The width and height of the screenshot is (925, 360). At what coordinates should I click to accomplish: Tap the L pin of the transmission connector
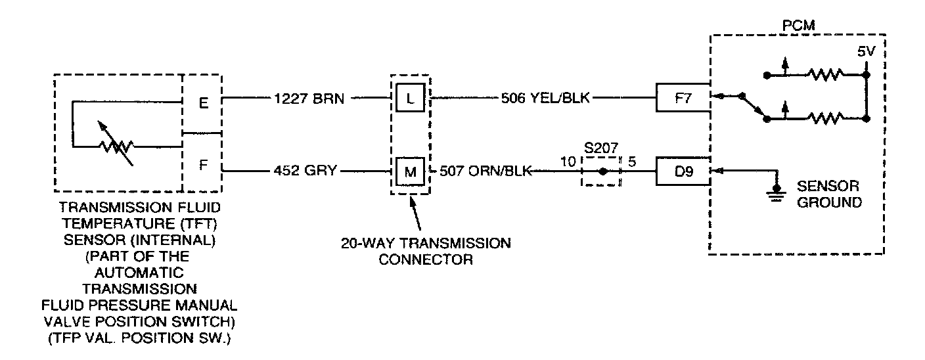point(410,99)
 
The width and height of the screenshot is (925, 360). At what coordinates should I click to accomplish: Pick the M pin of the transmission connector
point(410,172)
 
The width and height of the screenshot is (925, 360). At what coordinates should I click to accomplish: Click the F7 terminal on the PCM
point(683,99)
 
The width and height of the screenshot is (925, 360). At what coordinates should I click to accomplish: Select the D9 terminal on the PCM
point(683,172)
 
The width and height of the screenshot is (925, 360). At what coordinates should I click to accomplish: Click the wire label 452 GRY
point(305,172)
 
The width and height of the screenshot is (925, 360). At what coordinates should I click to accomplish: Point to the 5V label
point(867,51)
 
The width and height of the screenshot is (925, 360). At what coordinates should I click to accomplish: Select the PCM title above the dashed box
point(799,25)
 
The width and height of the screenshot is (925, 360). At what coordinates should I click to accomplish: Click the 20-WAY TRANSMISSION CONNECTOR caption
point(425,251)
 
